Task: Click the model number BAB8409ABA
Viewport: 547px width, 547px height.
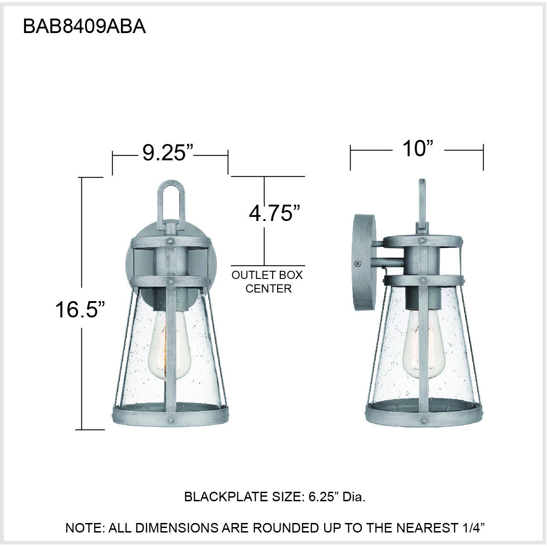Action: pos(84,27)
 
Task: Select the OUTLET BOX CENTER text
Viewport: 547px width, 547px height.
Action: pos(268,282)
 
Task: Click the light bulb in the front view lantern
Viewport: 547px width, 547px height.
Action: pos(169,347)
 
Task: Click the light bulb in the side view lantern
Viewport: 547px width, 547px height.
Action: pos(422,347)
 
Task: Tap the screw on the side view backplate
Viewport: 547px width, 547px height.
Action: pos(358,263)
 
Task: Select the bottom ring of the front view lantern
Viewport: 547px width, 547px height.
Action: pos(170,414)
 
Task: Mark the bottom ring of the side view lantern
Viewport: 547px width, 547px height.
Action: pos(422,414)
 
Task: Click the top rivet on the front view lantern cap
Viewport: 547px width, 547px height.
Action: pos(170,240)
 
